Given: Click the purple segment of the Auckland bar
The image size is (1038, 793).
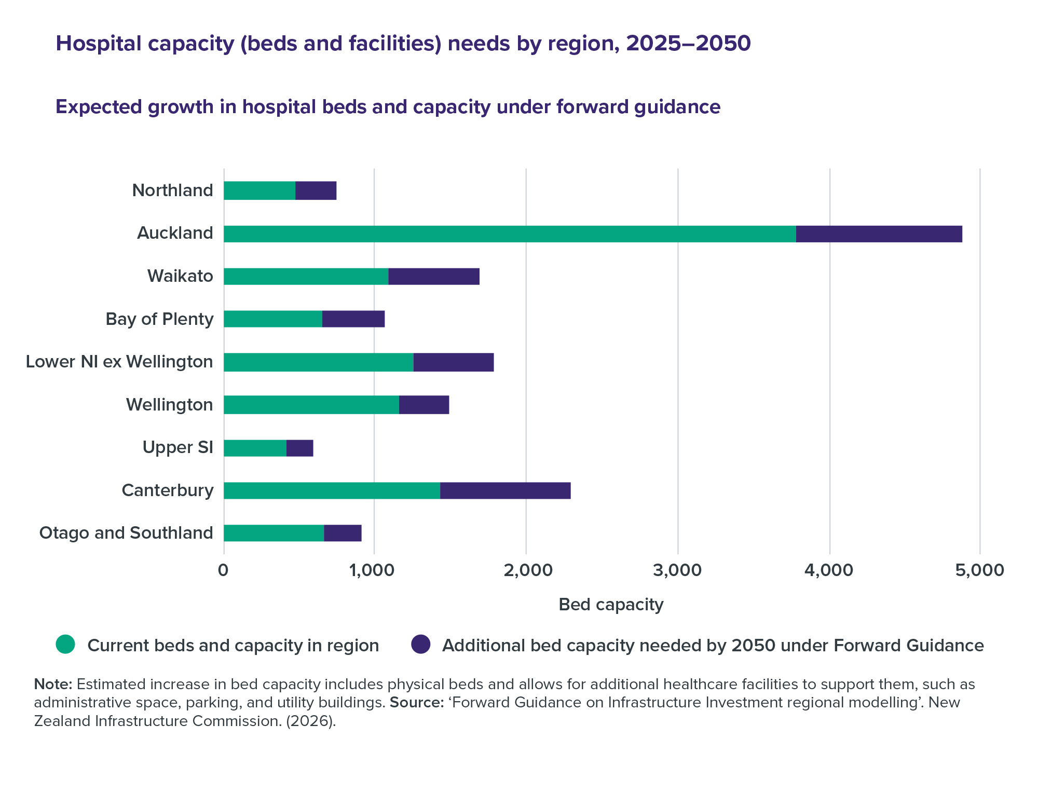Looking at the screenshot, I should pos(879,234).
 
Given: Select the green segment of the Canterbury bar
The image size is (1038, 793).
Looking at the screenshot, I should pos(332,490).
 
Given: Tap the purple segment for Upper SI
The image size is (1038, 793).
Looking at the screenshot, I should pos(299,448).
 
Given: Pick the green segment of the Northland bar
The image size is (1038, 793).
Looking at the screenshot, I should pos(259,190).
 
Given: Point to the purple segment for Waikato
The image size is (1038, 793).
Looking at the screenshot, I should pos(433,277).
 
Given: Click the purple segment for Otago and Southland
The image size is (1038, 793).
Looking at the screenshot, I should pos(343,533).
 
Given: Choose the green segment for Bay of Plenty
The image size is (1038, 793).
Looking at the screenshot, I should pos(273,319).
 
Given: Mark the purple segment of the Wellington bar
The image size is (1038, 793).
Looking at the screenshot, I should pos(424,405).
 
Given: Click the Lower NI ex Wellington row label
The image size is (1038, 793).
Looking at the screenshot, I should pos(119,362).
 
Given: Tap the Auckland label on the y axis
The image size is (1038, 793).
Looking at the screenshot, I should pos(175,234).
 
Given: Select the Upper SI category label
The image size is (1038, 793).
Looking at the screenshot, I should pos(177,447).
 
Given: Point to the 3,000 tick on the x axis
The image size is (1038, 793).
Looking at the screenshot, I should pos(677,570).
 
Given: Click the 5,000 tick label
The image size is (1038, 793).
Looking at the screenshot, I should pos(979,570).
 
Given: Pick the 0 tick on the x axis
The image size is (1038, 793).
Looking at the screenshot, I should pos(224,570).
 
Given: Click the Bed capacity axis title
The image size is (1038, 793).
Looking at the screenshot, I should pos(611,605).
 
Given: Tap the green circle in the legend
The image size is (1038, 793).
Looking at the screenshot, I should pos(66,645).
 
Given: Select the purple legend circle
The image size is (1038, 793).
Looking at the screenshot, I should pos(420,645).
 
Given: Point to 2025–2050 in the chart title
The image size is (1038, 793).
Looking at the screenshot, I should pos(688,44).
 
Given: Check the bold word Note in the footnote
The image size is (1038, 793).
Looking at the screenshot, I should pos(53,685).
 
